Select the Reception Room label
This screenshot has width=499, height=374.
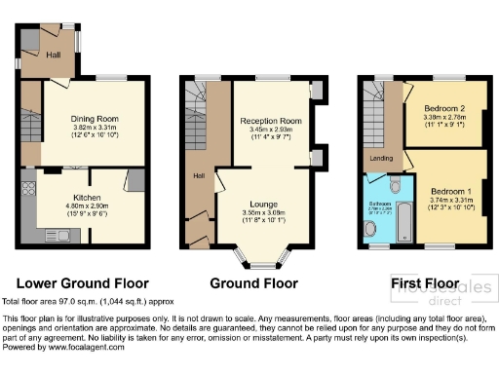[x=271, y=121]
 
